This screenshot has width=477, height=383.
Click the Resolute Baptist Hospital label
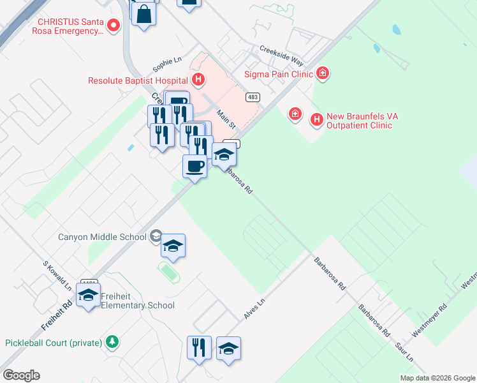[138, 80]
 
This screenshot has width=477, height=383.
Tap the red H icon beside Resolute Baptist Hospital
[199, 80]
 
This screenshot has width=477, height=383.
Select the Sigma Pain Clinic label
[279, 73]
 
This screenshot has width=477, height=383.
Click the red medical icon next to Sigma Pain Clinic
[323, 73]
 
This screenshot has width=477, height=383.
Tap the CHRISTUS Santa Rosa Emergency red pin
[114, 26]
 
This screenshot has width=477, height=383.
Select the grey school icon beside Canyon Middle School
[155, 237]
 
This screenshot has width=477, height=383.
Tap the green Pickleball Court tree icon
[112, 342]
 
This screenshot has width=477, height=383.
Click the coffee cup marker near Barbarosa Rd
[195, 167]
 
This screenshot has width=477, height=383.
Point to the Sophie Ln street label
[167, 64]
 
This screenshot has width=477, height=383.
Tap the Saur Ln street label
[404, 351]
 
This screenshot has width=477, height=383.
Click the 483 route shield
[253, 97]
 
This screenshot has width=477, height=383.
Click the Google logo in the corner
[21, 375]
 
